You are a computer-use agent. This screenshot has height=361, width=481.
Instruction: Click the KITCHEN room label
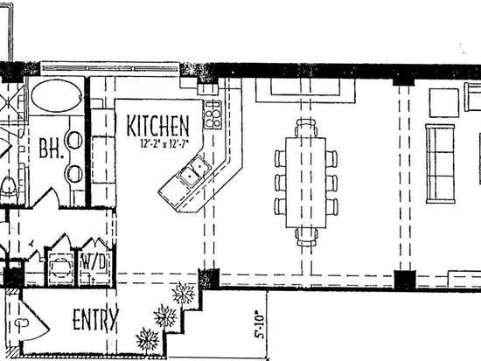point(157,126)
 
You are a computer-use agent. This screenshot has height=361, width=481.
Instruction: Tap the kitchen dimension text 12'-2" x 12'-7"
point(164,143)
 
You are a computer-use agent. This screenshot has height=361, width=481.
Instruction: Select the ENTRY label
point(95,319)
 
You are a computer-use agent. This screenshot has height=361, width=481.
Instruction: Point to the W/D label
point(93,262)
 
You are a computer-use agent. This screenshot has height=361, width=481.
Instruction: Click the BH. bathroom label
point(52,149)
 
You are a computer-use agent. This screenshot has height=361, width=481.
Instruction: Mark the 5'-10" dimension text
point(259,325)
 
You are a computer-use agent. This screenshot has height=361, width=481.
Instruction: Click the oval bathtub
point(57,95)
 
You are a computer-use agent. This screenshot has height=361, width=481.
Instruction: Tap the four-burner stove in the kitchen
point(213,115)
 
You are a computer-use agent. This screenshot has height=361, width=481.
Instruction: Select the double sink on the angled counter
point(194,171)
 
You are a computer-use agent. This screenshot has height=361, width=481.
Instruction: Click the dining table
point(306,183)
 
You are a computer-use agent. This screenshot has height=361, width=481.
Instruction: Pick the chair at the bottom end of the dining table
point(306,237)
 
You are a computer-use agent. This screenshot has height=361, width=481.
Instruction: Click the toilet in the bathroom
point(8,187)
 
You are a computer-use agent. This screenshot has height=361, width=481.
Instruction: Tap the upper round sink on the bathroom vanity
point(75,140)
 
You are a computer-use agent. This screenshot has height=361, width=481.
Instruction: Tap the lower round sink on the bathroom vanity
point(75,174)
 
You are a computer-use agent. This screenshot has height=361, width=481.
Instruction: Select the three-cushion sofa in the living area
point(440,163)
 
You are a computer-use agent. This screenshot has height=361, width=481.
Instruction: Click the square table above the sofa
point(444,103)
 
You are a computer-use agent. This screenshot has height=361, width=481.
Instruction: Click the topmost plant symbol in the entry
point(183,293)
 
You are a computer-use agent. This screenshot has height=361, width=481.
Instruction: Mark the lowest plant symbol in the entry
point(148,339)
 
